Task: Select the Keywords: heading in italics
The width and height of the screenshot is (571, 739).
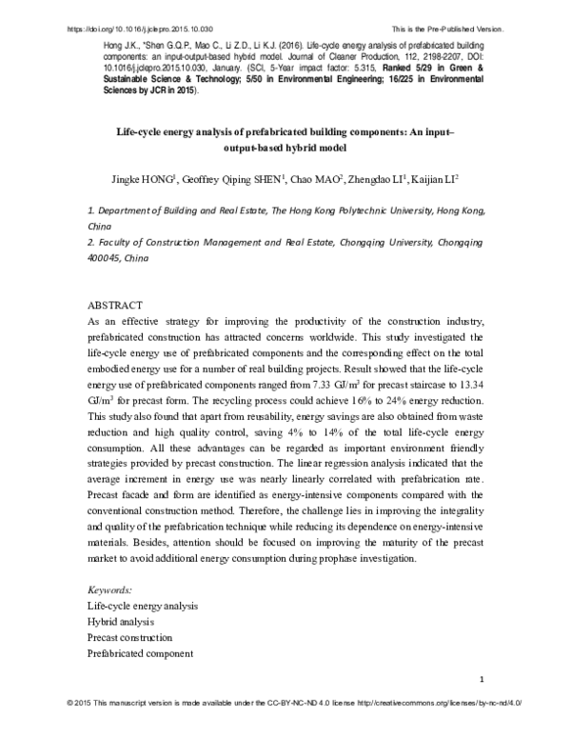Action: [109, 589]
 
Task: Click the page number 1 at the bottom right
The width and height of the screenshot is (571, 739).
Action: [484, 678]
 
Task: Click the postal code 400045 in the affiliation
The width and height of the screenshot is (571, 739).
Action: [106, 258]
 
